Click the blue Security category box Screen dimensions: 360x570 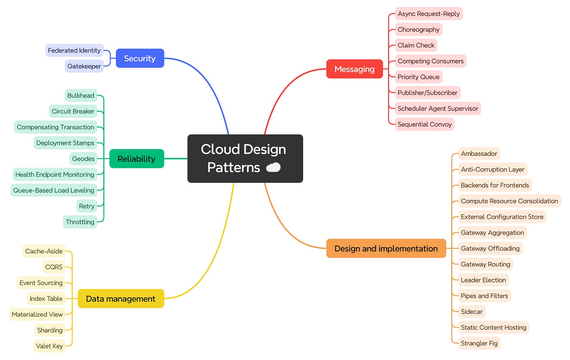(140, 58)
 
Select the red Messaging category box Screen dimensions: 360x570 (354, 69)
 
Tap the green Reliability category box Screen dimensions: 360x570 (136, 159)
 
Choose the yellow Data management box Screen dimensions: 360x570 (121, 299)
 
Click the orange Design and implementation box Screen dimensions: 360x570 (386, 249)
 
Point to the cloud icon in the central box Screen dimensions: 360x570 (273, 168)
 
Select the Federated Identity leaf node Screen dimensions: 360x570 (74, 51)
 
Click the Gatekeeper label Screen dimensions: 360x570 (84, 66)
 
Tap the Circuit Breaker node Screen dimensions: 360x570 (73, 111)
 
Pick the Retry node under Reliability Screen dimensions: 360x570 (87, 206)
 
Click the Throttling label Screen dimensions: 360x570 (80, 222)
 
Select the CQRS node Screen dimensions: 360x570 (54, 267)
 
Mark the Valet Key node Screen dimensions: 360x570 (49, 346)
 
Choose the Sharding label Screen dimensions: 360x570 (50, 330)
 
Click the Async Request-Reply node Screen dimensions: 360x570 (429, 14)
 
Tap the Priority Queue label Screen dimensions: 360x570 (418, 77)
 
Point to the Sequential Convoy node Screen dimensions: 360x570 (424, 124)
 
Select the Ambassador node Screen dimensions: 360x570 (479, 154)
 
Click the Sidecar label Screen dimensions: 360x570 (471, 312)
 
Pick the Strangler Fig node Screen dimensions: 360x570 (479, 343)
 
